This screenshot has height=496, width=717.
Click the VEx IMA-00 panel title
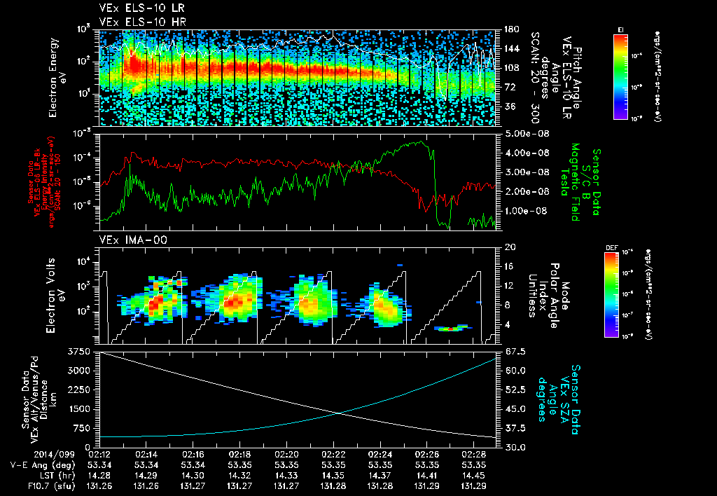click(127, 240)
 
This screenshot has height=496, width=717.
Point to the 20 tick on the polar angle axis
click(509, 247)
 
